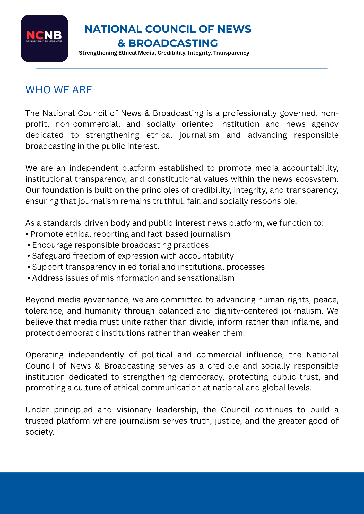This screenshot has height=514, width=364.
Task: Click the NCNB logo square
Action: pos(44,38)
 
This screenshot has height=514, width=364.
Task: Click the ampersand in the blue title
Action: pos(121,43)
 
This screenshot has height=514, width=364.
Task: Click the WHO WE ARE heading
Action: pos(59,90)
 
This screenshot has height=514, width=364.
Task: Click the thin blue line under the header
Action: pos(182,69)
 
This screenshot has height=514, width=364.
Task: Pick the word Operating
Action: pos(45,355)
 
